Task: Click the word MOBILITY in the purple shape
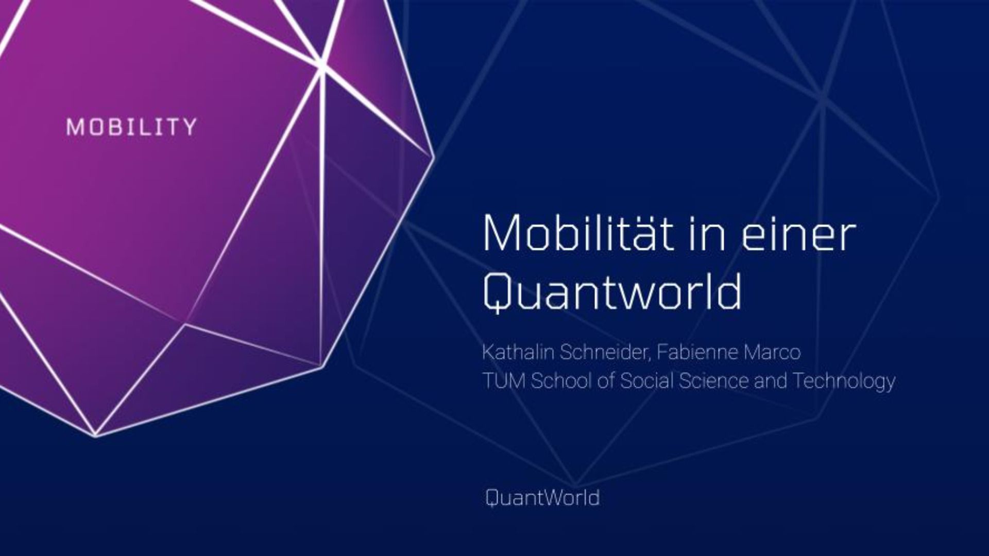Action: click(131, 127)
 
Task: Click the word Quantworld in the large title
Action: click(612, 292)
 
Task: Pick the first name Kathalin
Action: click(518, 352)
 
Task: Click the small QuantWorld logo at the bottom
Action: click(542, 498)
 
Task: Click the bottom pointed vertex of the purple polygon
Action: click(96, 436)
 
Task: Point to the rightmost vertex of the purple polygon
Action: click(433, 154)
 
